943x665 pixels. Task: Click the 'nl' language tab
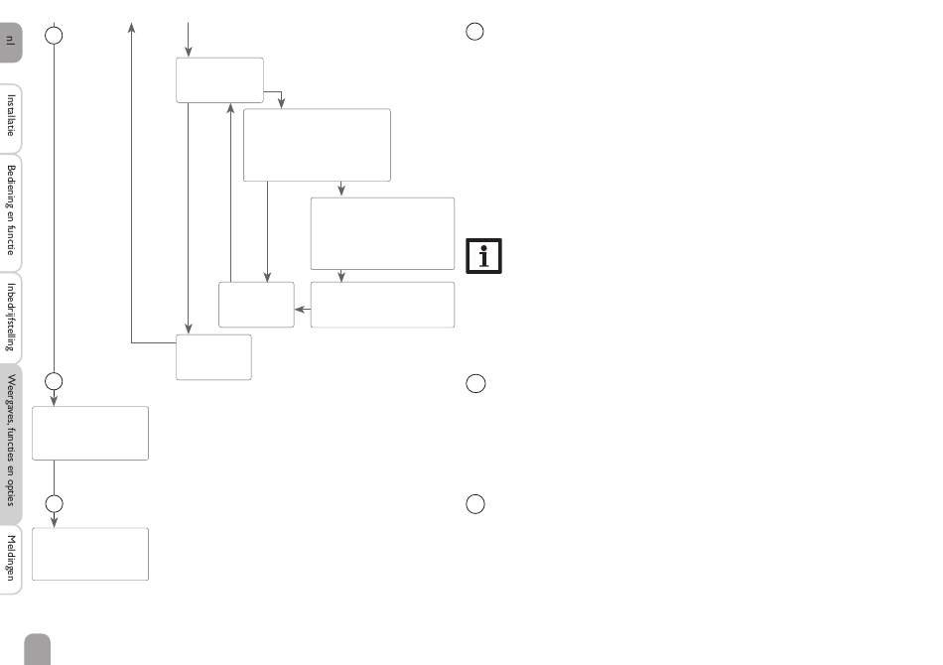(x=11, y=42)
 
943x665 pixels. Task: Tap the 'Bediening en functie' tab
(x=11, y=210)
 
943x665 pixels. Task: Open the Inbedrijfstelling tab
(x=11, y=318)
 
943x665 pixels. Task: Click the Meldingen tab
(x=11, y=559)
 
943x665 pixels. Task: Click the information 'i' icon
(x=484, y=256)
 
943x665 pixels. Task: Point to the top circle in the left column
(x=55, y=35)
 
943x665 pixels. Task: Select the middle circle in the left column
(x=55, y=380)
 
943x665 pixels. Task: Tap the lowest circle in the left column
(x=55, y=503)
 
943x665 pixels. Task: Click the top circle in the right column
(x=475, y=32)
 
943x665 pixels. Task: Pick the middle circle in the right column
(x=475, y=383)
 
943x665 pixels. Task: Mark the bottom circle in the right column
(x=475, y=504)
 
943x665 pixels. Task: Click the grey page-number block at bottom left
(x=38, y=649)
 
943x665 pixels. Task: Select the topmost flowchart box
(x=219, y=79)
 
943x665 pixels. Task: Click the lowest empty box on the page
(x=90, y=554)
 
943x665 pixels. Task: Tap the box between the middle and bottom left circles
(x=90, y=433)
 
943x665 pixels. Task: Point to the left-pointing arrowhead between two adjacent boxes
(x=299, y=309)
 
